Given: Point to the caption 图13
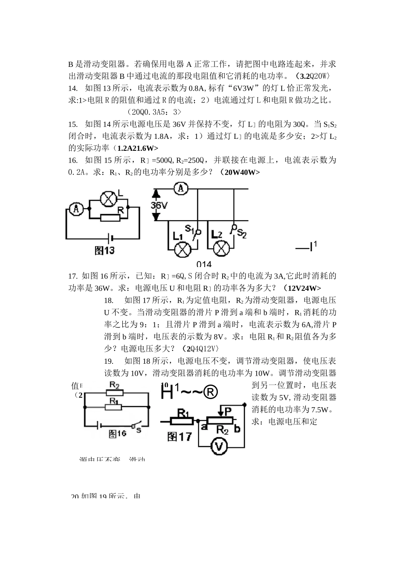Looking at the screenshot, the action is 104,250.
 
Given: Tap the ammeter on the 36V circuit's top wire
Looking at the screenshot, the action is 181,189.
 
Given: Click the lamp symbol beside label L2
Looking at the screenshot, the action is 221,249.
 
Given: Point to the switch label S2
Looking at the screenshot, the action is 241,233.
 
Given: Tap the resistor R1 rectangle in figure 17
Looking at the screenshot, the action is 183,421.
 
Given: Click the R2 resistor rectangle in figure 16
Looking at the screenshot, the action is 114,393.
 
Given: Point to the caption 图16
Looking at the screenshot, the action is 117,434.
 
